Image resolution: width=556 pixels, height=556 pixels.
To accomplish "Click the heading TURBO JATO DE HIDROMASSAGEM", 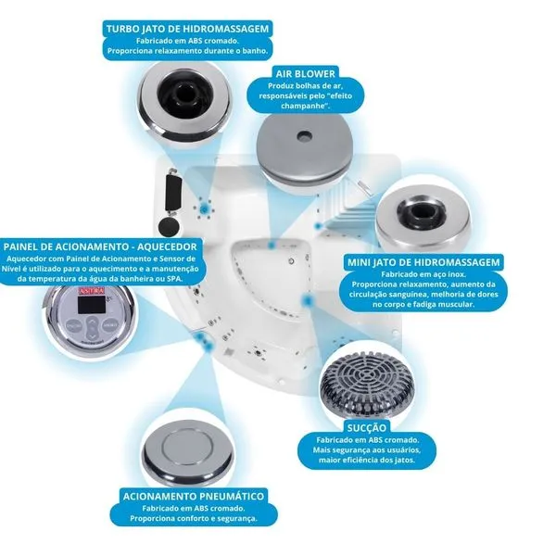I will pyautogui.click(x=188, y=29).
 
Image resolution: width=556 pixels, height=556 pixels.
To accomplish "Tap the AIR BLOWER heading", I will pyautogui.click(x=304, y=71).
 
